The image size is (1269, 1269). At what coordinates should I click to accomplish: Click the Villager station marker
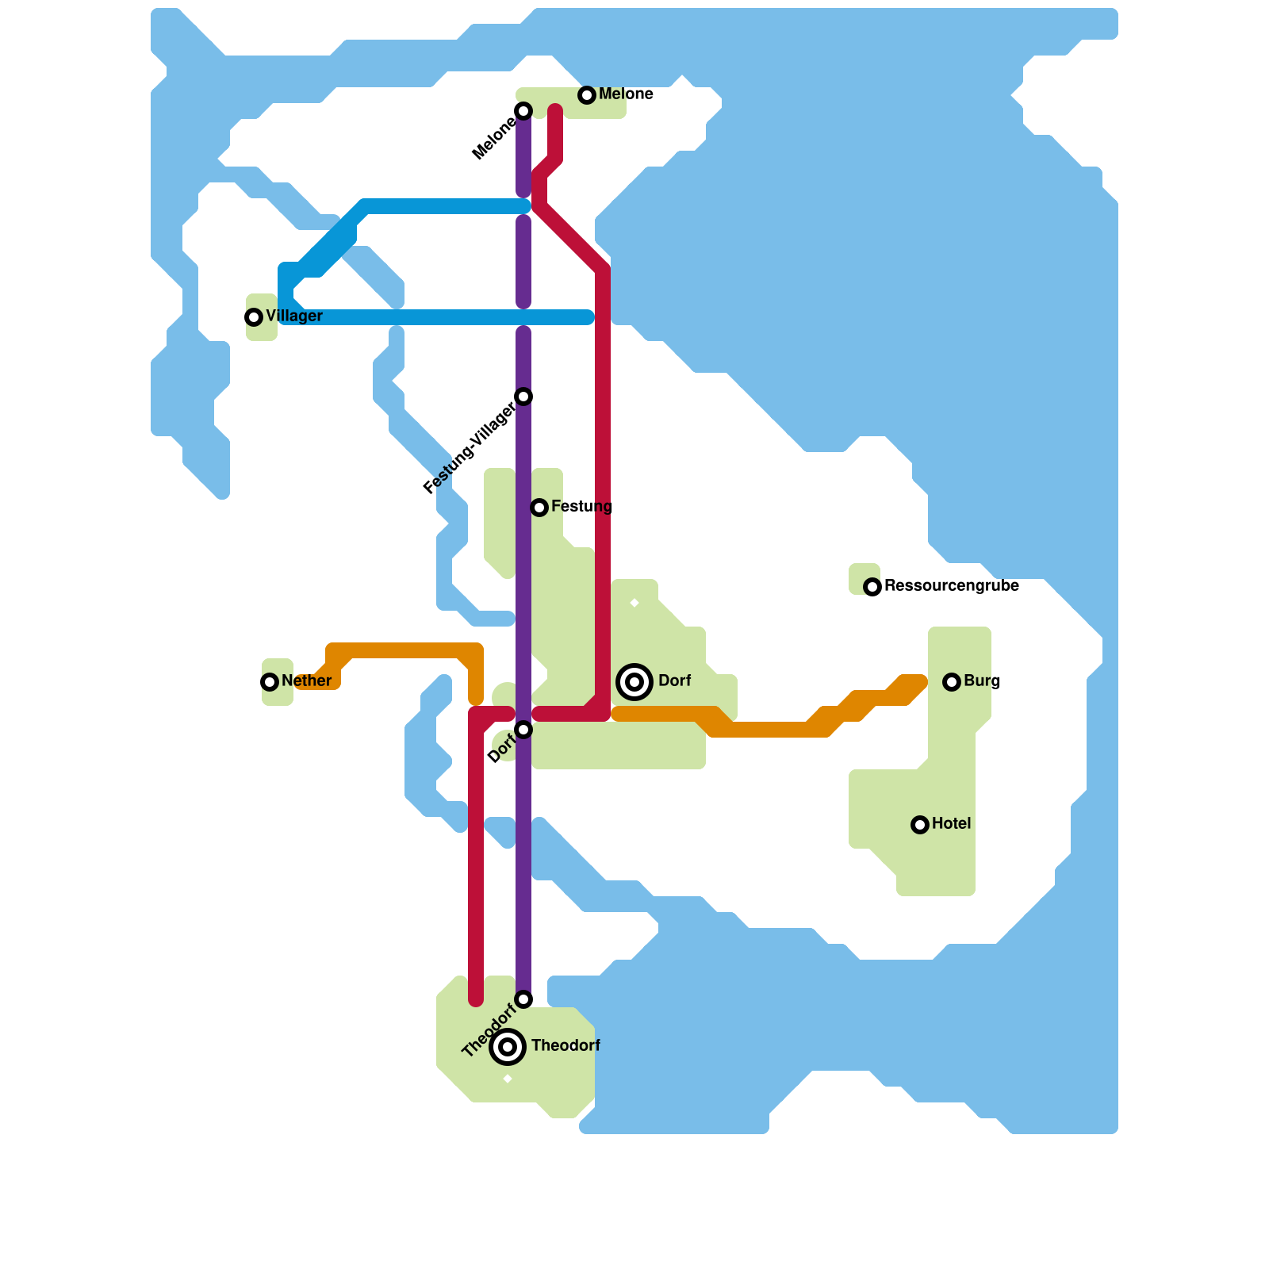click(254, 317)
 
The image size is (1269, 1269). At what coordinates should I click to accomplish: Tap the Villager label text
click(294, 316)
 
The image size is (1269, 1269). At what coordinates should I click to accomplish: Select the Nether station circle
click(270, 682)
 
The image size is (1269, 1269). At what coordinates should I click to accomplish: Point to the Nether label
click(306, 681)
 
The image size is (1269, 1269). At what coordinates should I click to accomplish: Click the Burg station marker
click(952, 682)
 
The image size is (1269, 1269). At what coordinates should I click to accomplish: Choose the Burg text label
click(982, 681)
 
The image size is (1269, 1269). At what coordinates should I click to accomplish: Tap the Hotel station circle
click(920, 825)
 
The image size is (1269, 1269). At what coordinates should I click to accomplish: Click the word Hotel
click(951, 824)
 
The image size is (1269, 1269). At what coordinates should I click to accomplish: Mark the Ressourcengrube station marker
click(872, 587)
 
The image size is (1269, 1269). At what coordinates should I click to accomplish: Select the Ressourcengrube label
click(951, 586)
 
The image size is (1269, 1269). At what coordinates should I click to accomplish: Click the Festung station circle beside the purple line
click(539, 508)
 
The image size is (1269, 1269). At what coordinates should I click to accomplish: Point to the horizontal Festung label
click(581, 507)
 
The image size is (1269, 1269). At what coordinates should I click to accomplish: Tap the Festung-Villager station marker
click(523, 397)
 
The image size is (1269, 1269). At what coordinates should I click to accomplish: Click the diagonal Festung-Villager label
click(469, 449)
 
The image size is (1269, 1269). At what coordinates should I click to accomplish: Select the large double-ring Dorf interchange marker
click(634, 682)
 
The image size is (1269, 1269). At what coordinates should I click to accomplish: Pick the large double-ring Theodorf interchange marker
click(508, 1047)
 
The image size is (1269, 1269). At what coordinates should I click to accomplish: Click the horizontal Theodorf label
click(565, 1046)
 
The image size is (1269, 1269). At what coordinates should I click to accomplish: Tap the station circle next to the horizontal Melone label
click(587, 95)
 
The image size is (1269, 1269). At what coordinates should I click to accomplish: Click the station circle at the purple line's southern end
click(523, 999)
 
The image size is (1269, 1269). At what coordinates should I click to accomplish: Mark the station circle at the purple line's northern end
click(523, 111)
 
